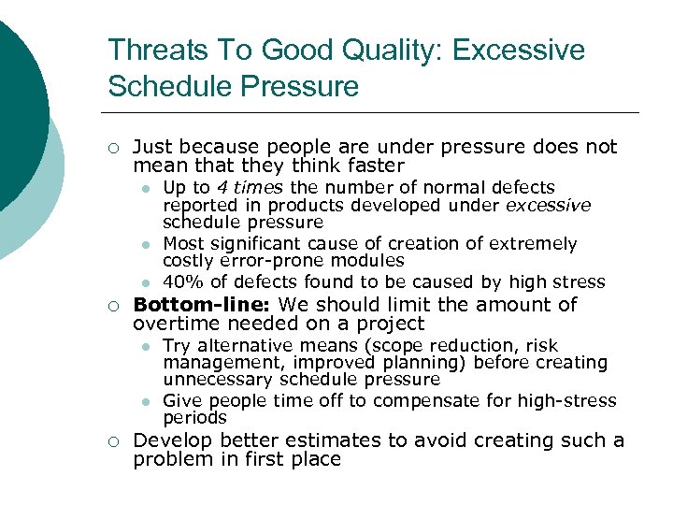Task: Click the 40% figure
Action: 181,281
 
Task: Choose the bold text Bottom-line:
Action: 203,305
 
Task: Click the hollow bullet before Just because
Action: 112,148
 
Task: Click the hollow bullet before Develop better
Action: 112,441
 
